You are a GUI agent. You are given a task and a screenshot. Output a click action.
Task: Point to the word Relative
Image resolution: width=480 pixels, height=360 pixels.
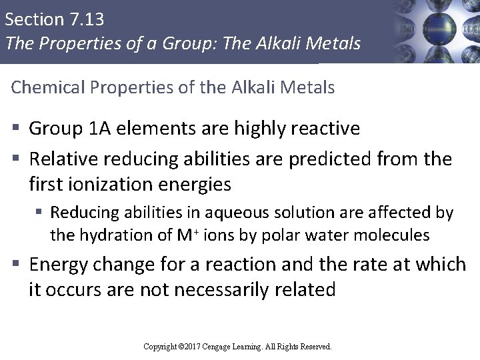tap(63, 160)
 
